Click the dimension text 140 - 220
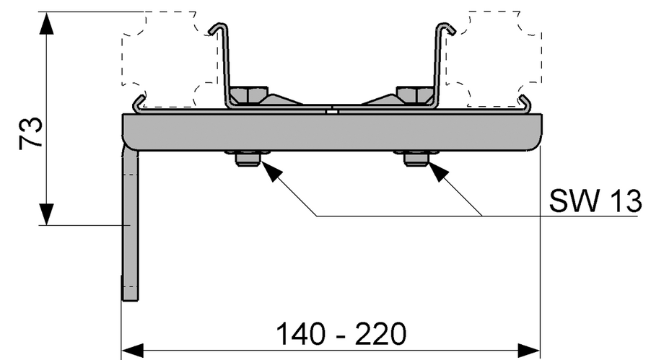point(341,335)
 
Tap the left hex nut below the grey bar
point(247,158)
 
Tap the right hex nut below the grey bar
point(416,158)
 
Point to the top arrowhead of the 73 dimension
point(46,25)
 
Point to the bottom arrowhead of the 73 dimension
point(46,214)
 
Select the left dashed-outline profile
point(170,58)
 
